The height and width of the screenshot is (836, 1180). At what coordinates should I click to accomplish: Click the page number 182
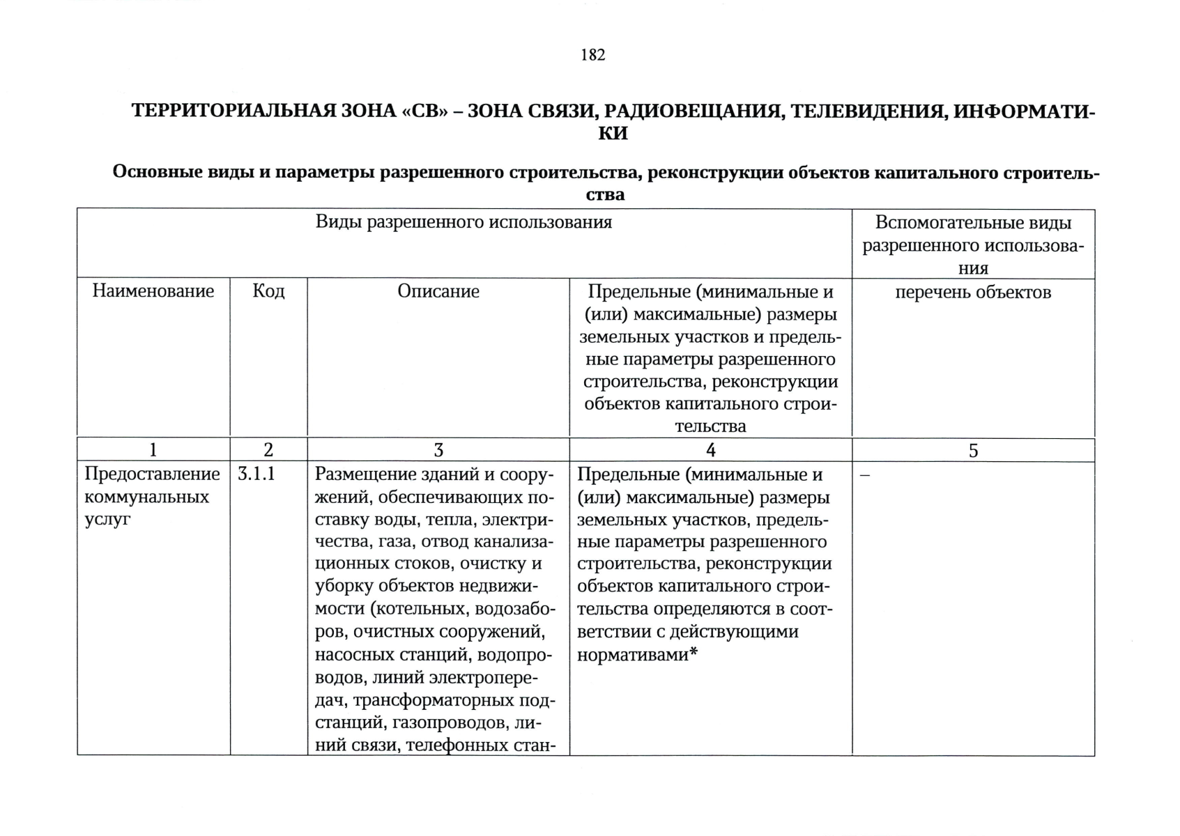[x=592, y=55]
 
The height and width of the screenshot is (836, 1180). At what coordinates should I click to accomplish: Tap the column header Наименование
[x=153, y=291]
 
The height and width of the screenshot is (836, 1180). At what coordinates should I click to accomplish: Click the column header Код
[x=268, y=291]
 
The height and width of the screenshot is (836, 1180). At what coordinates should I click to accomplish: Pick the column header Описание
[x=438, y=291]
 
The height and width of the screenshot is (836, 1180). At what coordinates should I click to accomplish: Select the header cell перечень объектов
[x=973, y=292]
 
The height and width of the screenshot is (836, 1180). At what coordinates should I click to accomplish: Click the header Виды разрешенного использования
[x=463, y=222]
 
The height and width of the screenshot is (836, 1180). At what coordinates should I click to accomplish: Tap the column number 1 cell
[x=153, y=450]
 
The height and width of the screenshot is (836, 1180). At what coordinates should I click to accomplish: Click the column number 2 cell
[x=268, y=450]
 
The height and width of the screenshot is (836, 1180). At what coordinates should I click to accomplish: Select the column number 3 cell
[x=438, y=450]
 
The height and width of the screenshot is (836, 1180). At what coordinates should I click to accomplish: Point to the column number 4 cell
[x=710, y=450]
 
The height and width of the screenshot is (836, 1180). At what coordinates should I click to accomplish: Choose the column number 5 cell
[x=973, y=450]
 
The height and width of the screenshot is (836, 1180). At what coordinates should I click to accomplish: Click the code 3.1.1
[x=256, y=474]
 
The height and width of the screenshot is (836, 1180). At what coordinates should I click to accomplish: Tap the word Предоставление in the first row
[x=152, y=474]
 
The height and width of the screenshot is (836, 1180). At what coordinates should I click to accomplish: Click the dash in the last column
[x=865, y=475]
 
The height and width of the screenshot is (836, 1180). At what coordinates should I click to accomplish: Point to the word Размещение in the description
[x=357, y=474]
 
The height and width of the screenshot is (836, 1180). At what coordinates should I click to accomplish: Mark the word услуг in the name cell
[x=107, y=520]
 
